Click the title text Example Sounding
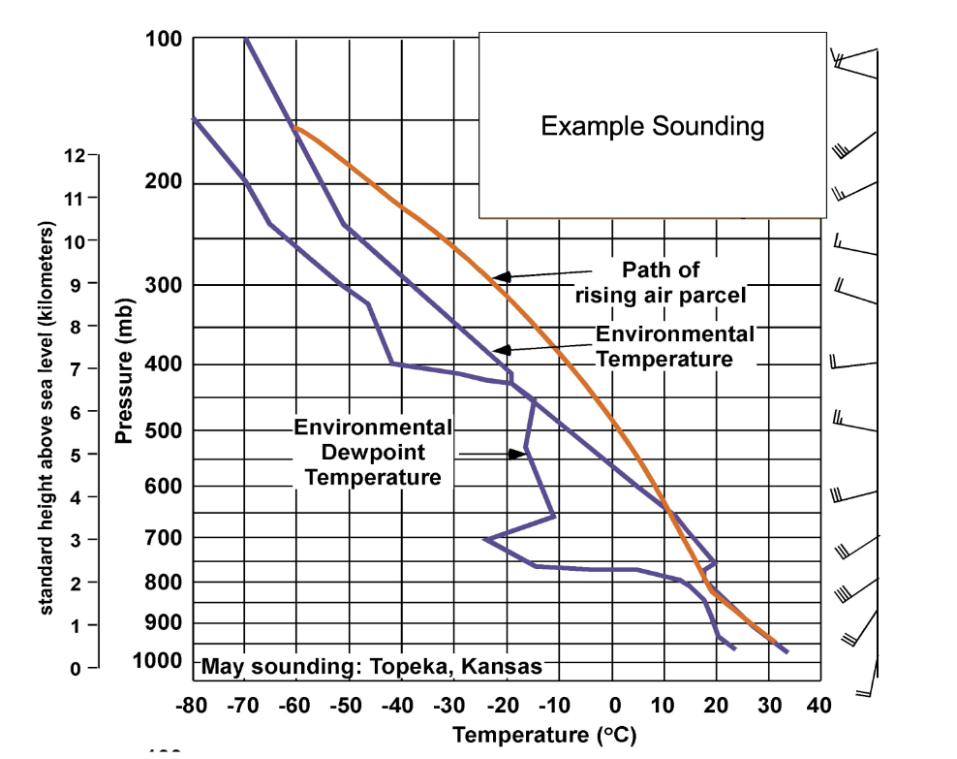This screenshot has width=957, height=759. (652, 126)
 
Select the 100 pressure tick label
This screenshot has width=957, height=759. (163, 39)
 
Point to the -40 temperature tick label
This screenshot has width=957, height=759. (398, 705)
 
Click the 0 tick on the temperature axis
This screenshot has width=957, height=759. (613, 705)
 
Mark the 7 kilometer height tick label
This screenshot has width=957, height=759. (76, 369)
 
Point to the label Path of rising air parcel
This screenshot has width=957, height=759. (660, 282)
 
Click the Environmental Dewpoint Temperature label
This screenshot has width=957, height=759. (373, 453)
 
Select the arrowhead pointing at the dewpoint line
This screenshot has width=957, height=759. (518, 454)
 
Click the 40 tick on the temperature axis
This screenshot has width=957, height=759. (818, 705)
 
